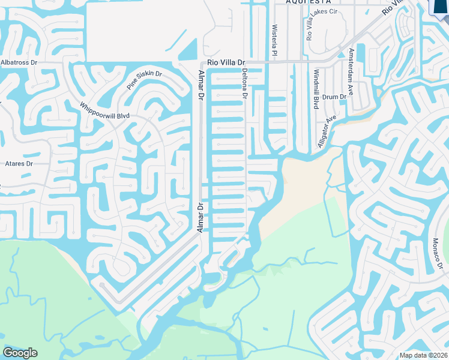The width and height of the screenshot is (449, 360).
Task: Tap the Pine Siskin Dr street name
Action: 144,80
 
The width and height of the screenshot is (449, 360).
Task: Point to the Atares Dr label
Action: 19,163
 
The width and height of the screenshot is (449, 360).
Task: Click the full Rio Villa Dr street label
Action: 227,62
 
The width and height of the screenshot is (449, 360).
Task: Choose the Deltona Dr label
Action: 245,83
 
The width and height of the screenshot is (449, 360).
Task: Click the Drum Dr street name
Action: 334,97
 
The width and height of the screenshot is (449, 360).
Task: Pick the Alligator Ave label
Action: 327,131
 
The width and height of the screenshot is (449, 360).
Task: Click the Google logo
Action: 20,352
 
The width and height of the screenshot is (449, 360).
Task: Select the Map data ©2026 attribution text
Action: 424,355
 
